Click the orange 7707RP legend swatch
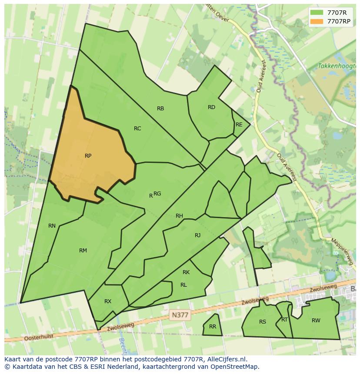click(317, 21)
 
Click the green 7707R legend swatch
click(317, 13)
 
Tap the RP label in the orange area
click(88, 156)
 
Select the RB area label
click(160, 109)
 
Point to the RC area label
click(137, 129)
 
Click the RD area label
click(211, 107)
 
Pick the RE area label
click(239, 125)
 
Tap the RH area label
click(179, 216)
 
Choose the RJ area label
click(197, 235)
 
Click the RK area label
click(186, 272)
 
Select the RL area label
click(183, 285)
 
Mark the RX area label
click(108, 301)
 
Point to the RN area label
click(52, 226)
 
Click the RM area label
click(83, 251)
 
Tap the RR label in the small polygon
click(213, 327)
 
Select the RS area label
click(263, 322)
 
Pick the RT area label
click(284, 320)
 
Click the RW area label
click(316, 321)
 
